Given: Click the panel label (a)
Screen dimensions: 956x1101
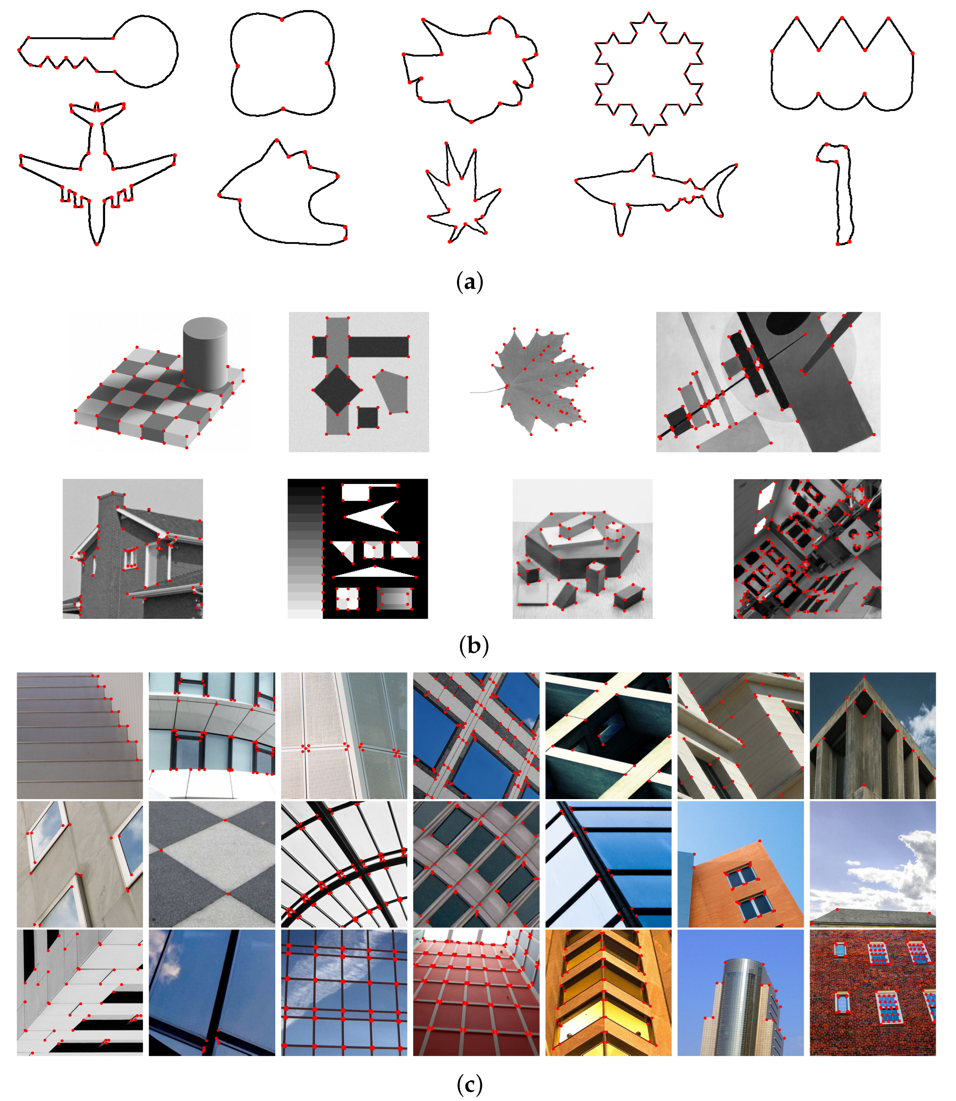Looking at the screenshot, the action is coord(469,281).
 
